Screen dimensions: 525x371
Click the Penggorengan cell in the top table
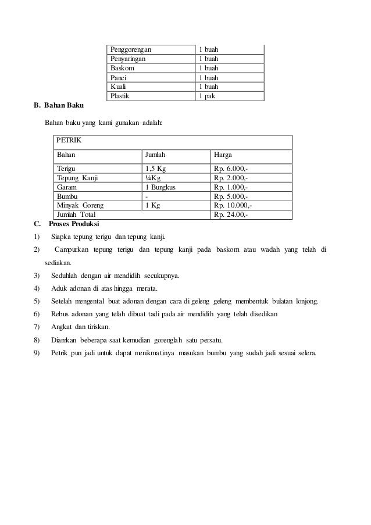[x=134, y=49]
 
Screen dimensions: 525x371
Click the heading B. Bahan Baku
[x=59, y=106]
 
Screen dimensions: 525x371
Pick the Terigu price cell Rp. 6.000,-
[x=231, y=169]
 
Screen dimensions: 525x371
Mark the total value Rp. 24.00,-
[x=231, y=215]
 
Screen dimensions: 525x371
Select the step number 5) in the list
[x=37, y=301]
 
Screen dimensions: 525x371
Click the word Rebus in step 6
[x=60, y=314]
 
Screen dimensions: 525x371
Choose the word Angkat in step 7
[x=62, y=327]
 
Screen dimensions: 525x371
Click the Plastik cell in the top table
[x=122, y=96]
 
